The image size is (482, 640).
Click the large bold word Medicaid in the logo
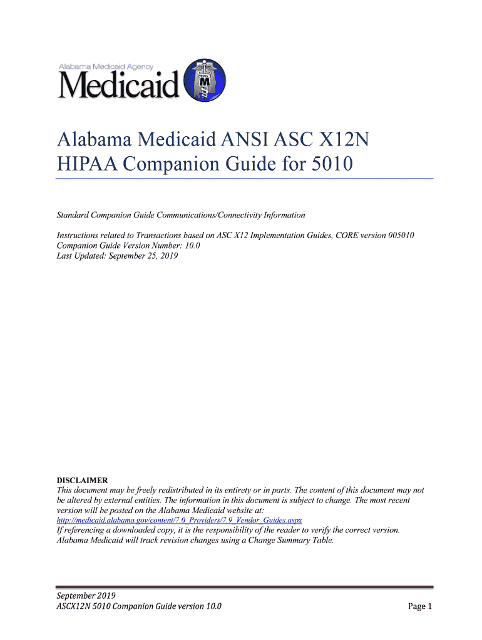pos(119,85)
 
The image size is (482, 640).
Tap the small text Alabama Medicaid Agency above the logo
pos(106,66)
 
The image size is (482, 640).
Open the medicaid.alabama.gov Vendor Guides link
pos(180,520)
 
